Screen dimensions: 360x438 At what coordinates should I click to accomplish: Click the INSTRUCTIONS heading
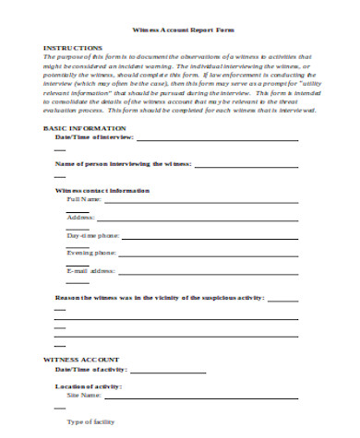coord(70,46)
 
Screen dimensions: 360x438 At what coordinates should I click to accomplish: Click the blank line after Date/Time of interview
coord(217,139)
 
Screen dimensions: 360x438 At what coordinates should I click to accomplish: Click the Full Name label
coord(83,199)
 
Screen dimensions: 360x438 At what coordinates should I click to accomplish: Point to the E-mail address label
coord(90,270)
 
